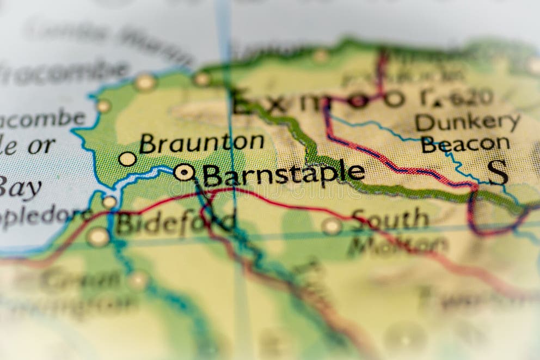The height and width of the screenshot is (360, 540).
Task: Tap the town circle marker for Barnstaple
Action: pos(184,172)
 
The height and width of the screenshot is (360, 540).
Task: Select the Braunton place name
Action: pos(201,143)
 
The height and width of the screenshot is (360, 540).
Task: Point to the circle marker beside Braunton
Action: pos(127,159)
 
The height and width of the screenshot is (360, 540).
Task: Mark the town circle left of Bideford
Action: pos(99,236)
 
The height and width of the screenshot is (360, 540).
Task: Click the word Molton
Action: pos(397,245)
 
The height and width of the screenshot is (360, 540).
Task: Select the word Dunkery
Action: pos(467,122)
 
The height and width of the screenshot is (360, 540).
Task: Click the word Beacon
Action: pos(465,144)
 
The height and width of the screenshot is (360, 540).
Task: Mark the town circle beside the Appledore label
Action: pos(109,202)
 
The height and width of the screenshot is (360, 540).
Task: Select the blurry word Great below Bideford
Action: pos(82,280)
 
